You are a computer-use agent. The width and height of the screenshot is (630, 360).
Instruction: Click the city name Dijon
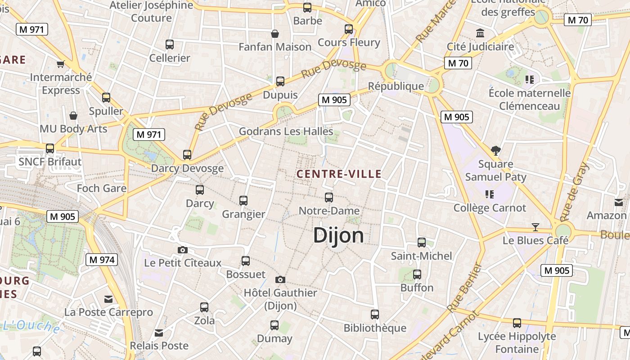pos(338,235)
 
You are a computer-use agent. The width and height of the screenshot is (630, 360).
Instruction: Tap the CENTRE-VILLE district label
pos(339,174)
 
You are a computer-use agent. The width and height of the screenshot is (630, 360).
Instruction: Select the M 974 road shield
pos(101,260)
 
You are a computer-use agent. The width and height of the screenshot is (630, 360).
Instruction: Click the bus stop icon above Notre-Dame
pos(329,198)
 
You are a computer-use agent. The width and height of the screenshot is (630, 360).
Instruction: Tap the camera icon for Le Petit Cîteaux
pos(182,250)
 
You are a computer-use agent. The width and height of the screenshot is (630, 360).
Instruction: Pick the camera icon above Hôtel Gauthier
pos(280,280)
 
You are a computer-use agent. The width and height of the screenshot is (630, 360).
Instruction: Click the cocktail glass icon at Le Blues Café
pos(535,227)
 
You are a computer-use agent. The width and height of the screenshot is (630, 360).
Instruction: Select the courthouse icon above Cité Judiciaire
pos(480,33)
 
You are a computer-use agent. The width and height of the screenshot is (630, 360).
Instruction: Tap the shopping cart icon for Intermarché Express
pos(61,64)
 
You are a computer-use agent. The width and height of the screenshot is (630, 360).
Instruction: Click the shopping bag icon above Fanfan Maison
pos(274,34)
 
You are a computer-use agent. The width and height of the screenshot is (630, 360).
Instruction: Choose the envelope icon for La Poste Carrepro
pos(108,299)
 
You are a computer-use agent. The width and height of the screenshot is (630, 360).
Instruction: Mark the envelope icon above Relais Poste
pos(159,333)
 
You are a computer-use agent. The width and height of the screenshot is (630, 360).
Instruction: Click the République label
pos(396,86)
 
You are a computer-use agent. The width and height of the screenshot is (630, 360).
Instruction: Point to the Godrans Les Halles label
pos(286,131)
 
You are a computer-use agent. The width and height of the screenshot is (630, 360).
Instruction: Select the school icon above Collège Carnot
pos(490,194)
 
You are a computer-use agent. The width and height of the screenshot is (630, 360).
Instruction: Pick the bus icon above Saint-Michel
pos(422,243)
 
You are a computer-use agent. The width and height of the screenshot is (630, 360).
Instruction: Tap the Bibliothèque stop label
pos(375,328)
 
